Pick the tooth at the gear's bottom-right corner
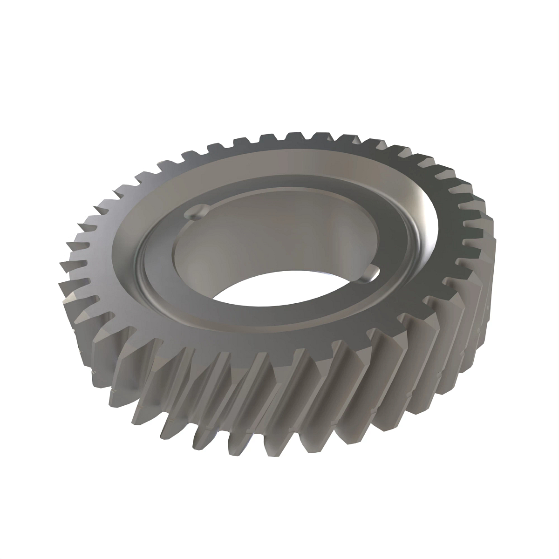coord(419,401)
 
